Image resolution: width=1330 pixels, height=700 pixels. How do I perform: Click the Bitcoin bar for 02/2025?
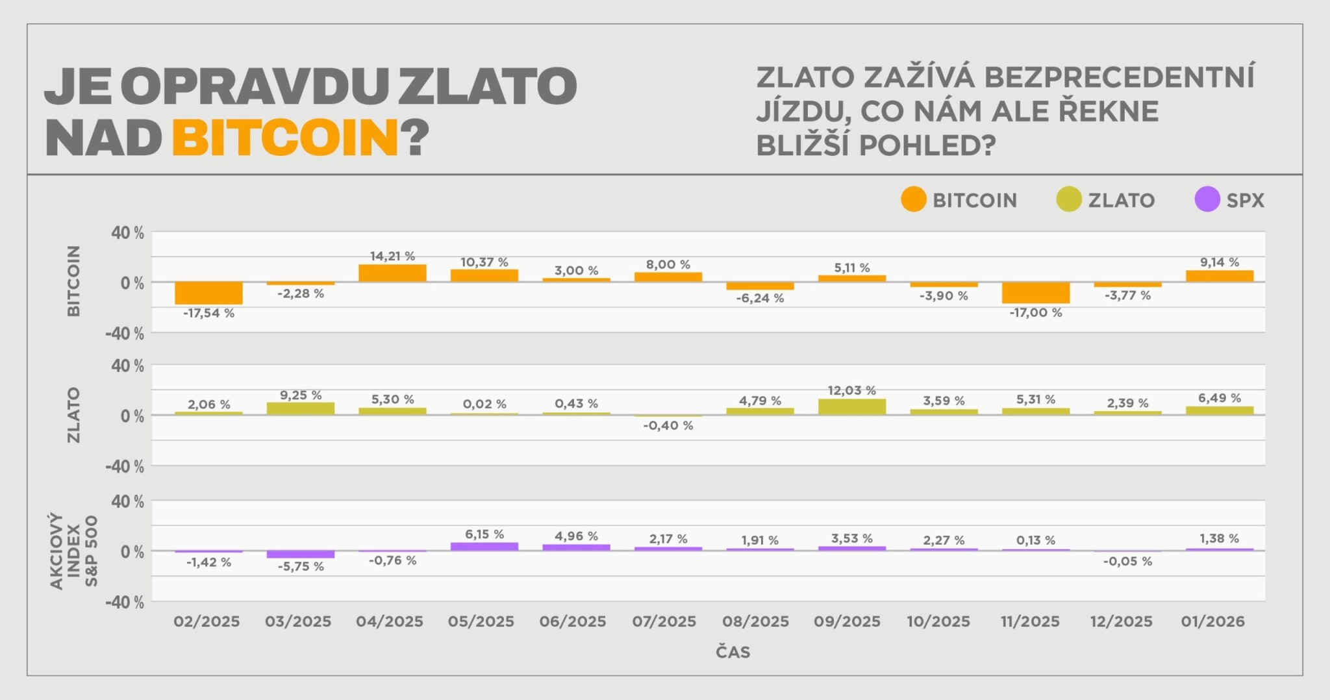tap(208, 293)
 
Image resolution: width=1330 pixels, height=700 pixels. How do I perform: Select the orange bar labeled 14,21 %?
tap(392, 273)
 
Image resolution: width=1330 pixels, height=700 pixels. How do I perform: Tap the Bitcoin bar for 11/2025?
tap(1035, 293)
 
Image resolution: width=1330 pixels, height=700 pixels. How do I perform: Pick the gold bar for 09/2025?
tap(851, 407)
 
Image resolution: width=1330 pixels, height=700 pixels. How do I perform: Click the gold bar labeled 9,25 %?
tap(300, 408)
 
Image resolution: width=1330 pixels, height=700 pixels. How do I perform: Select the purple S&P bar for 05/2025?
tap(484, 547)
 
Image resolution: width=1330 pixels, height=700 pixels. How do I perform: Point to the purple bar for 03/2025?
tap(300, 555)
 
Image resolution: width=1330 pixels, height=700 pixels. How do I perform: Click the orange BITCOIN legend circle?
tap(913, 199)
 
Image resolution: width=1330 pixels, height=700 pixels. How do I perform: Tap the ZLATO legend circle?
tap(1069, 199)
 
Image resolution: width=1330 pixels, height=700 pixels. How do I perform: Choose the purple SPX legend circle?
tap(1207, 199)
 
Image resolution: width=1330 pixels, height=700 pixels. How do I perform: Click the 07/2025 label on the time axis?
tap(664, 621)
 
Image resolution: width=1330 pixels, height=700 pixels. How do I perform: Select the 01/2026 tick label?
tap(1212, 621)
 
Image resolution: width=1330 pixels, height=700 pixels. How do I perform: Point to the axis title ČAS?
tap(733, 652)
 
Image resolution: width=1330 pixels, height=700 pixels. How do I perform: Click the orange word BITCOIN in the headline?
tap(285, 138)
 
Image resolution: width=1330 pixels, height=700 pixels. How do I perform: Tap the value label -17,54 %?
tap(208, 314)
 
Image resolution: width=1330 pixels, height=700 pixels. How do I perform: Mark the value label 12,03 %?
tap(851, 390)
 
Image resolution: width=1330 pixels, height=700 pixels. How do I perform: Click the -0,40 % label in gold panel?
tap(668, 426)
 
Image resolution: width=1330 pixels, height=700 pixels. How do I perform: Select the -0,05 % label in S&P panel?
tap(1127, 562)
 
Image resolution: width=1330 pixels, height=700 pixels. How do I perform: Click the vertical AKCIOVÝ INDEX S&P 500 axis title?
tap(74, 551)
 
